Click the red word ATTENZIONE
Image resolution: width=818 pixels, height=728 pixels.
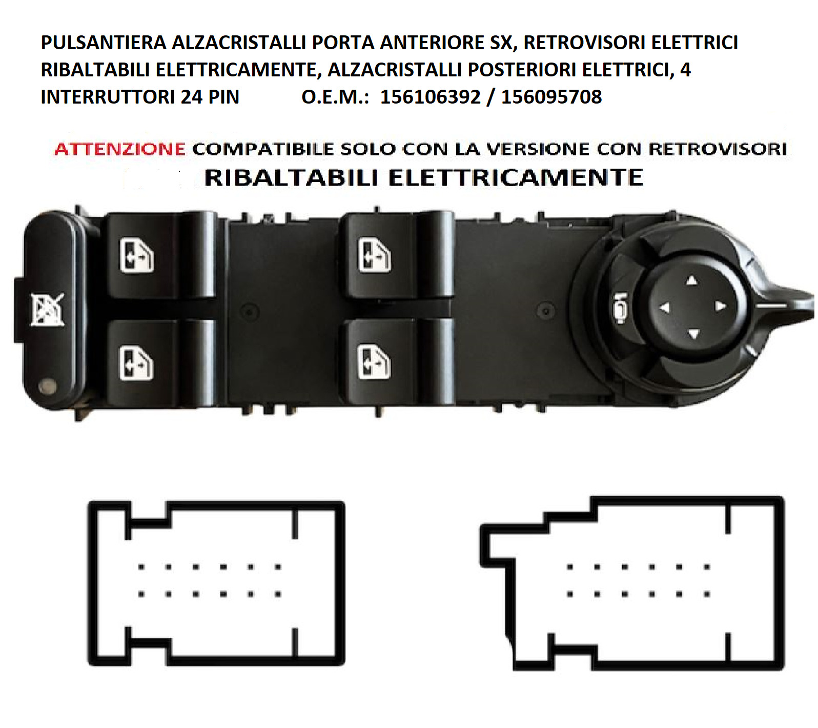click(x=119, y=149)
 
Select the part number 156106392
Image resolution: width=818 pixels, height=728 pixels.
click(x=430, y=97)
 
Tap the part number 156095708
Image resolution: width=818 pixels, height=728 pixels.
click(x=551, y=97)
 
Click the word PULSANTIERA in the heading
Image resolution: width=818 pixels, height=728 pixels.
click(x=104, y=43)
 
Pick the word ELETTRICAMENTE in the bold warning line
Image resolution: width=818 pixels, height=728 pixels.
click(x=516, y=177)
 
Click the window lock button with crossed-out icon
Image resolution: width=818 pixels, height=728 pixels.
click(x=47, y=310)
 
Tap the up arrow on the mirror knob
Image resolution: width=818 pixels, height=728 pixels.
click(x=692, y=280)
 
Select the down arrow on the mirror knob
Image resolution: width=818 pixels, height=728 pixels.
click(x=693, y=334)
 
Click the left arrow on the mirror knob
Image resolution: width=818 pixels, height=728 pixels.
click(x=665, y=308)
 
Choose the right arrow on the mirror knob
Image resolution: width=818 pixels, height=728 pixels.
click(x=720, y=306)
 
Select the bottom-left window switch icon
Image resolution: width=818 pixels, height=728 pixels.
click(x=136, y=363)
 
